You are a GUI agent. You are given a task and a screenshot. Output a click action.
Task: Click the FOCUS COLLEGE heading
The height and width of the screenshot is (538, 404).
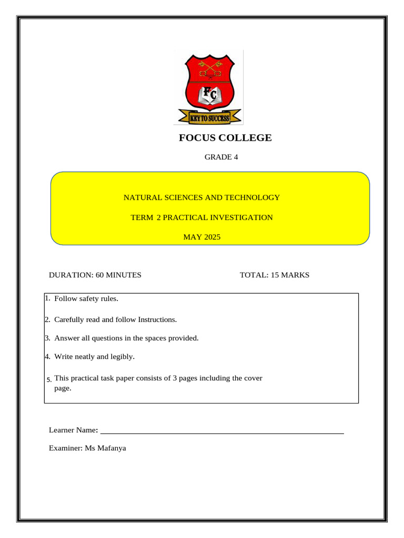pos(225,138)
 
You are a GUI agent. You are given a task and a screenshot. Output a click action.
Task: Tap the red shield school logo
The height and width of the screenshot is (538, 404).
pos(209,84)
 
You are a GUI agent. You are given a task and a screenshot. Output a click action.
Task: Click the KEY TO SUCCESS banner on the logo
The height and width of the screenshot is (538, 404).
pos(209,118)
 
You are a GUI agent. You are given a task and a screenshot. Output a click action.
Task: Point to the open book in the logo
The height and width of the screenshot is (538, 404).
pos(209,98)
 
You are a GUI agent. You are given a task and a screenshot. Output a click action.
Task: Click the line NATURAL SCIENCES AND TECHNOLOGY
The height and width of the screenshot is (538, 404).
pos(201,198)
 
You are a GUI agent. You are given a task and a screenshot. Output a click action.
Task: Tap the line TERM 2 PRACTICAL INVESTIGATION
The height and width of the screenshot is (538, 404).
pos(201,218)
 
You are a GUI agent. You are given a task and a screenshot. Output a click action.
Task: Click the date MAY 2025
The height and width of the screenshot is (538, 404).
pos(201,237)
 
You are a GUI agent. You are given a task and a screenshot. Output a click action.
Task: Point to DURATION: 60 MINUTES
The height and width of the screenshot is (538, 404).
pos(95,275)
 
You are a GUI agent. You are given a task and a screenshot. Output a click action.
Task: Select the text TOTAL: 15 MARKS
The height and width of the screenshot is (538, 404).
pos(275,275)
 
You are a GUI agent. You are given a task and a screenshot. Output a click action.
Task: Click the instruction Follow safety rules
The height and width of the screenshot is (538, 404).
pos(86,299)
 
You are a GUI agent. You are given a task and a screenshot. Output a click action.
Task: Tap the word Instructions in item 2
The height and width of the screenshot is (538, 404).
pos(157,319)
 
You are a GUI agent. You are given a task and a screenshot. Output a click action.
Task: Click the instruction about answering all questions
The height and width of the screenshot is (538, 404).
pos(126,338)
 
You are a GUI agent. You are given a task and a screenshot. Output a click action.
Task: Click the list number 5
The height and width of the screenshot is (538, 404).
pos(48,379)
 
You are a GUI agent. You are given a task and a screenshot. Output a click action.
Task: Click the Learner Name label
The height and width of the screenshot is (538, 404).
pos(73,430)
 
